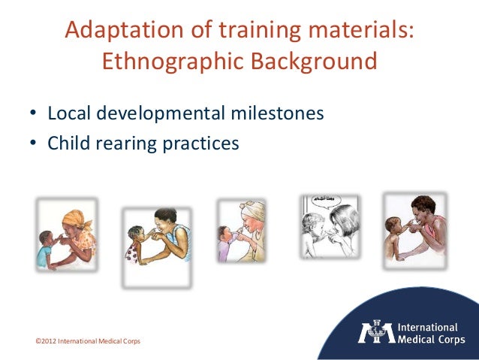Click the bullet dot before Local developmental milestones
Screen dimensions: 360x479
click(x=33, y=115)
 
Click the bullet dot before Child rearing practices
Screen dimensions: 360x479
click(x=33, y=142)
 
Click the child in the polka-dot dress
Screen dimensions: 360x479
click(x=137, y=243)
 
